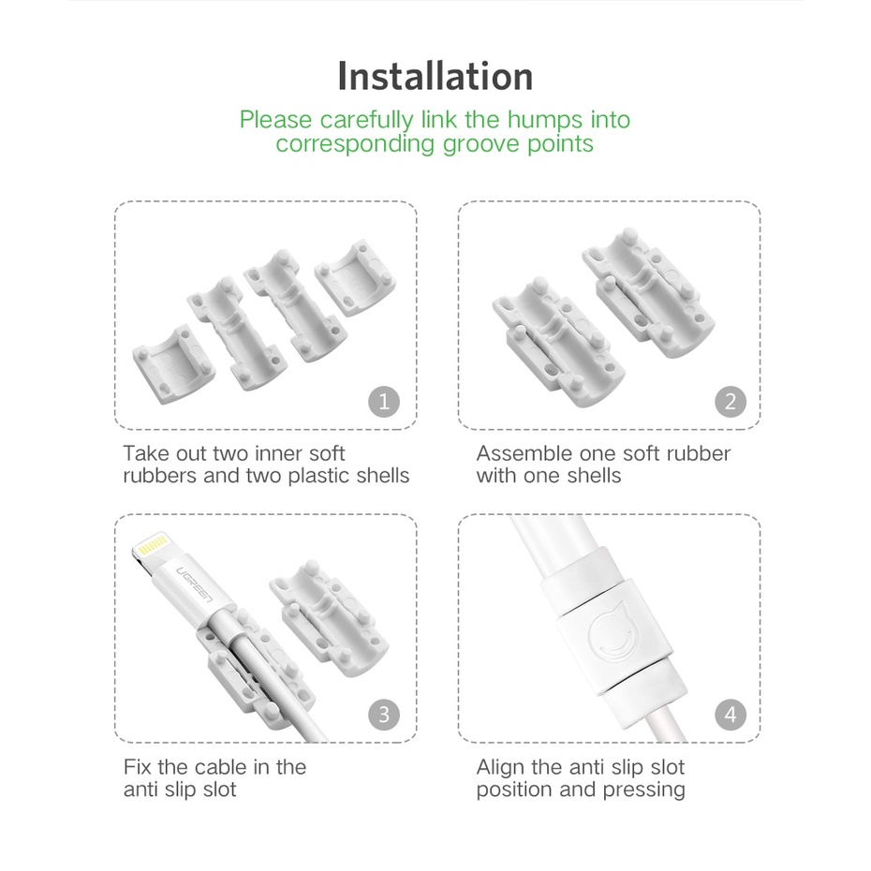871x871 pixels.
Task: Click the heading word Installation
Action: click(x=435, y=76)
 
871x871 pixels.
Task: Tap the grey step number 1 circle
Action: click(x=384, y=401)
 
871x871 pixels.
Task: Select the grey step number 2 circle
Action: click(x=731, y=401)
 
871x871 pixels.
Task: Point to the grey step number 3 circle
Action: click(x=384, y=715)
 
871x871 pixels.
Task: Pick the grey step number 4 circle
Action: click(x=731, y=715)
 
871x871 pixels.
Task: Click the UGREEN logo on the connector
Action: click(x=195, y=585)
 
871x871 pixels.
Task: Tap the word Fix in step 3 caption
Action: click(x=137, y=767)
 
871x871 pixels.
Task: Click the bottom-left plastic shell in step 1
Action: click(x=174, y=363)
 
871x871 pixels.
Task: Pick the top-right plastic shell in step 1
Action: click(x=356, y=277)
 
